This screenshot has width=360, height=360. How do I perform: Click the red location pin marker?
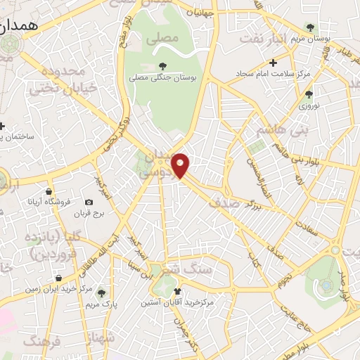[181, 165]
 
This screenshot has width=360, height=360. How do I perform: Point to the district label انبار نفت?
[262, 37]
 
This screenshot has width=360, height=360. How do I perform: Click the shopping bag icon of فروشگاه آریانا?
[48, 191]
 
